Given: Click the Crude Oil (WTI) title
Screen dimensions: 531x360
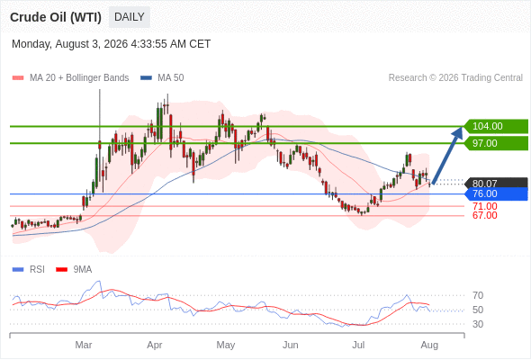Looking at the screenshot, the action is point(56,17).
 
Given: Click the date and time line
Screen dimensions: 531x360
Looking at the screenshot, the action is point(111,44).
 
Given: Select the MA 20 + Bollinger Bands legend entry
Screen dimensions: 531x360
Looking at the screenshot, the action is point(70,78).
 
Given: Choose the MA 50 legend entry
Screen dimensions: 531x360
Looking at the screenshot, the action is point(162,78).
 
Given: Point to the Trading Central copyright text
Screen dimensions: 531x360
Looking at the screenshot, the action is point(455,78).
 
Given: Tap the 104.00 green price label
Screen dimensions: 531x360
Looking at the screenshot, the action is point(496,126).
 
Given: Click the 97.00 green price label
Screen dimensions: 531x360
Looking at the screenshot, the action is point(496,143).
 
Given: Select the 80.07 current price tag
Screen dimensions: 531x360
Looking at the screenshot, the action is point(496,184).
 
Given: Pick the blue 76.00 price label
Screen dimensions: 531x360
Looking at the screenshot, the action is point(496,194).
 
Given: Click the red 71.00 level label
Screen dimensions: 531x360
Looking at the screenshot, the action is point(485,206).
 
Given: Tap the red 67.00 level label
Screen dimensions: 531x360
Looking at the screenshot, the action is point(485,215).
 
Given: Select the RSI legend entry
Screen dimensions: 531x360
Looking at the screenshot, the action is point(29,270).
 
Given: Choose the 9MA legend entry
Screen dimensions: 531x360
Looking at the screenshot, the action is point(74,270).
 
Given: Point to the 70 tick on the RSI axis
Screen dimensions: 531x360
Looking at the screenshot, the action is point(478,295).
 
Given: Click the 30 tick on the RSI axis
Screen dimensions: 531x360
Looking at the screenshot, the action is point(478,324).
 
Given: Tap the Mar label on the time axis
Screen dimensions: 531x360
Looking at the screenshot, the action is point(84,345).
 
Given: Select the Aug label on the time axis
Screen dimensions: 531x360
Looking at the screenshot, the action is point(429,346).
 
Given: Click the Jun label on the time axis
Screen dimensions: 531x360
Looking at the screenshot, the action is point(291,345).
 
